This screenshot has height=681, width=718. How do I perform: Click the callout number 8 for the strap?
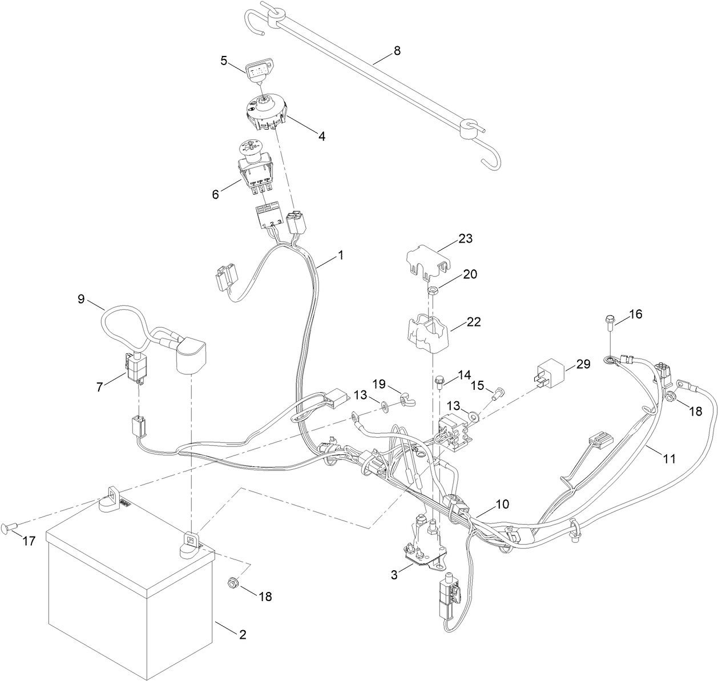pyautogui.click(x=397, y=50)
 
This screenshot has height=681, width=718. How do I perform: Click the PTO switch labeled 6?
pyautogui.click(x=256, y=169)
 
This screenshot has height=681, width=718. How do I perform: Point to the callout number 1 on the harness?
pyautogui.click(x=340, y=255)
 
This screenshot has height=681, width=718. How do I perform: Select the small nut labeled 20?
pyautogui.click(x=432, y=291)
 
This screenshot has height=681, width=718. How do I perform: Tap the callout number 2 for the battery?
pyautogui.click(x=242, y=634)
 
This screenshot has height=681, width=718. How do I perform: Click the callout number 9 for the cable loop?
pyautogui.click(x=80, y=298)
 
